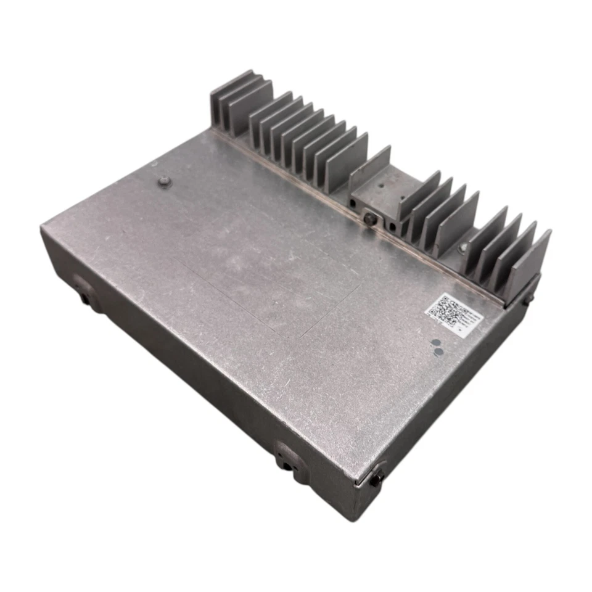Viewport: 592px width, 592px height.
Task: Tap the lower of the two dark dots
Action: (438, 353)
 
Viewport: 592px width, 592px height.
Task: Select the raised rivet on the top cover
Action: (163, 181)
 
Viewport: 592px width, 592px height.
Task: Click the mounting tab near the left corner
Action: (83, 291)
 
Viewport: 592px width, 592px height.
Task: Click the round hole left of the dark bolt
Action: (353, 203)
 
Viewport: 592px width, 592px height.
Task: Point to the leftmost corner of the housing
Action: (42, 229)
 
